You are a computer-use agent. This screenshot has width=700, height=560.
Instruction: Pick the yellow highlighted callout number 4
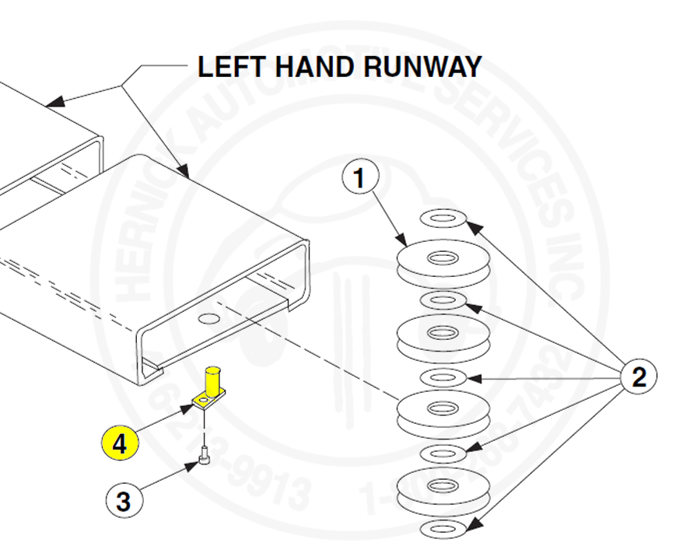[119, 444]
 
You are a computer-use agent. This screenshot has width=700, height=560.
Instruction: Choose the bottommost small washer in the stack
[443, 530]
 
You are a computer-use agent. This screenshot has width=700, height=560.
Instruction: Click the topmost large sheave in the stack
[443, 262]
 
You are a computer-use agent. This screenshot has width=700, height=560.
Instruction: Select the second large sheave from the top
[443, 337]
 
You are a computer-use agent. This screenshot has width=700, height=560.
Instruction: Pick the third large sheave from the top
[443, 413]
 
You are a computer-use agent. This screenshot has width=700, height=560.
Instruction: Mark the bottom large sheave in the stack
[443, 490]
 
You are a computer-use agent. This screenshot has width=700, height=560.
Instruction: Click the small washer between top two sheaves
[443, 300]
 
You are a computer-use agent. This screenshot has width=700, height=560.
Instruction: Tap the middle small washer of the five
[443, 378]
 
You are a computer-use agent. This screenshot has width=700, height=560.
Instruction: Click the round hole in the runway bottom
[209, 317]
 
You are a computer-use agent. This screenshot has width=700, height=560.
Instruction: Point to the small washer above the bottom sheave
[443, 453]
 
